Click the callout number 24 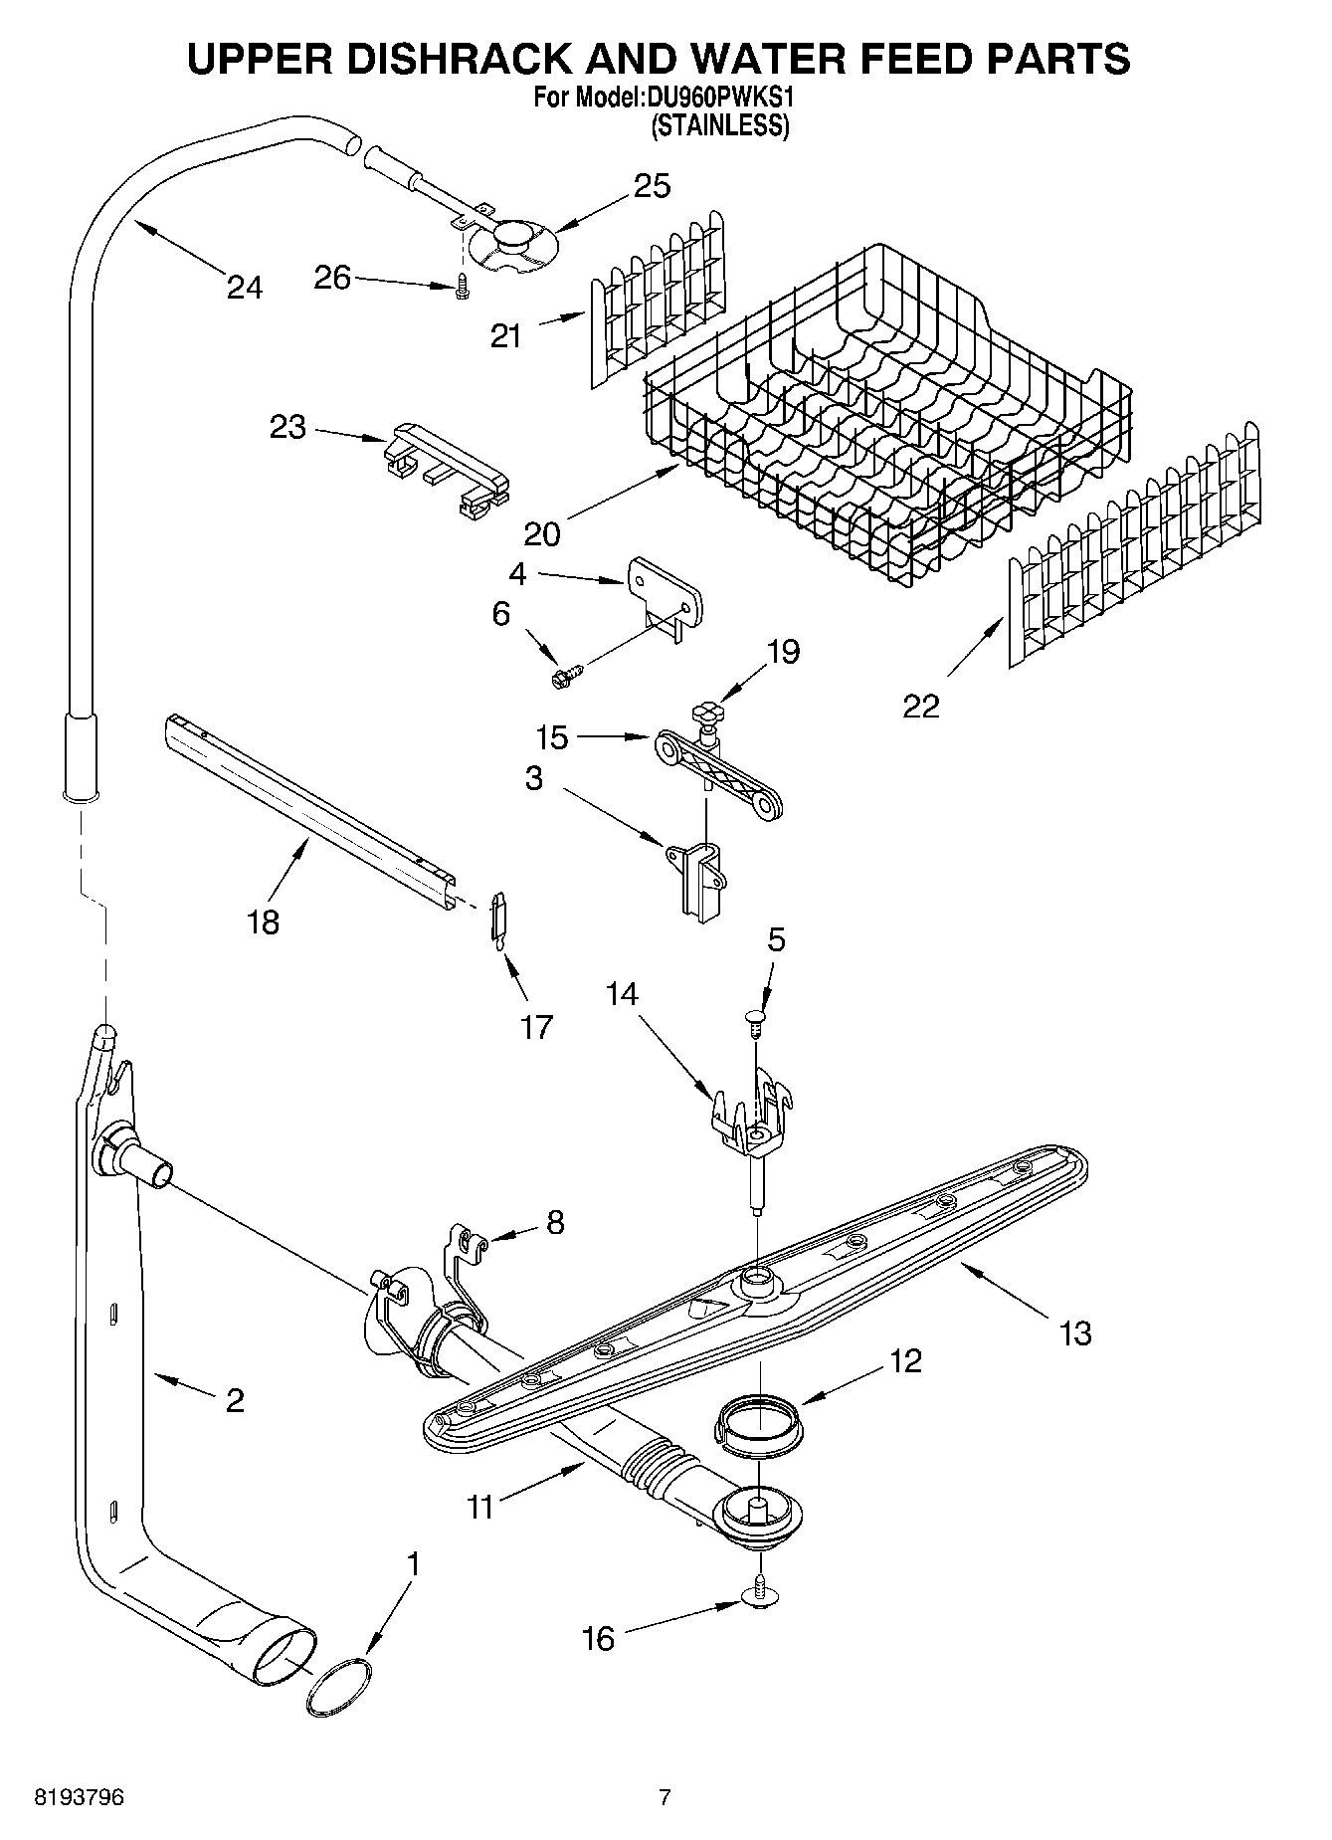pyautogui.click(x=244, y=288)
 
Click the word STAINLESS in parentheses pyautogui.click(x=719, y=126)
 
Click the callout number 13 pyautogui.click(x=1075, y=1332)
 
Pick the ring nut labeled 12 pyautogui.click(x=757, y=1418)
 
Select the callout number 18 pyautogui.click(x=264, y=922)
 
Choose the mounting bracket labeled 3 pyautogui.click(x=700, y=871)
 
